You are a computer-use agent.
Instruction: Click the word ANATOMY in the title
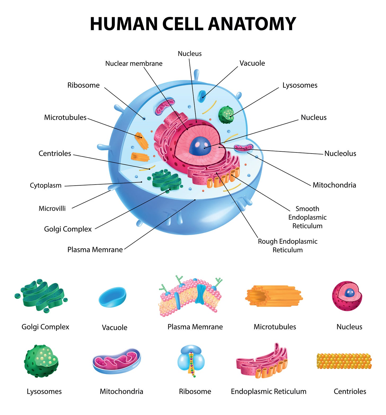(252, 24)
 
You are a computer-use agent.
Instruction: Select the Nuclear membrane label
(134, 64)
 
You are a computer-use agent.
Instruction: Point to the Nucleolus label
(340, 154)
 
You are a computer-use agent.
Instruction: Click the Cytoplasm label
(46, 185)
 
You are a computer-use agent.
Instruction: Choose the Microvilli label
(52, 208)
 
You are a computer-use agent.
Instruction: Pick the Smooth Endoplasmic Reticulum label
(307, 217)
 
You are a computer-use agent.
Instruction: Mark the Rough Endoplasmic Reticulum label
(288, 246)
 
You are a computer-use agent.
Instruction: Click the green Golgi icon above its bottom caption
(41, 296)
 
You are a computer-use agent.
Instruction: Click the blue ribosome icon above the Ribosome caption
(191, 359)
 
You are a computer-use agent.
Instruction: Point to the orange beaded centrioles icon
(344, 361)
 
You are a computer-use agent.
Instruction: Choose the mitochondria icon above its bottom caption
(117, 361)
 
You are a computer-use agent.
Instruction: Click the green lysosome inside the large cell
(226, 115)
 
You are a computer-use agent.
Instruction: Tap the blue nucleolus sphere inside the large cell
(200, 146)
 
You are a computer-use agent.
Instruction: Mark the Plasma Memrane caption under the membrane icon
(195, 327)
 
